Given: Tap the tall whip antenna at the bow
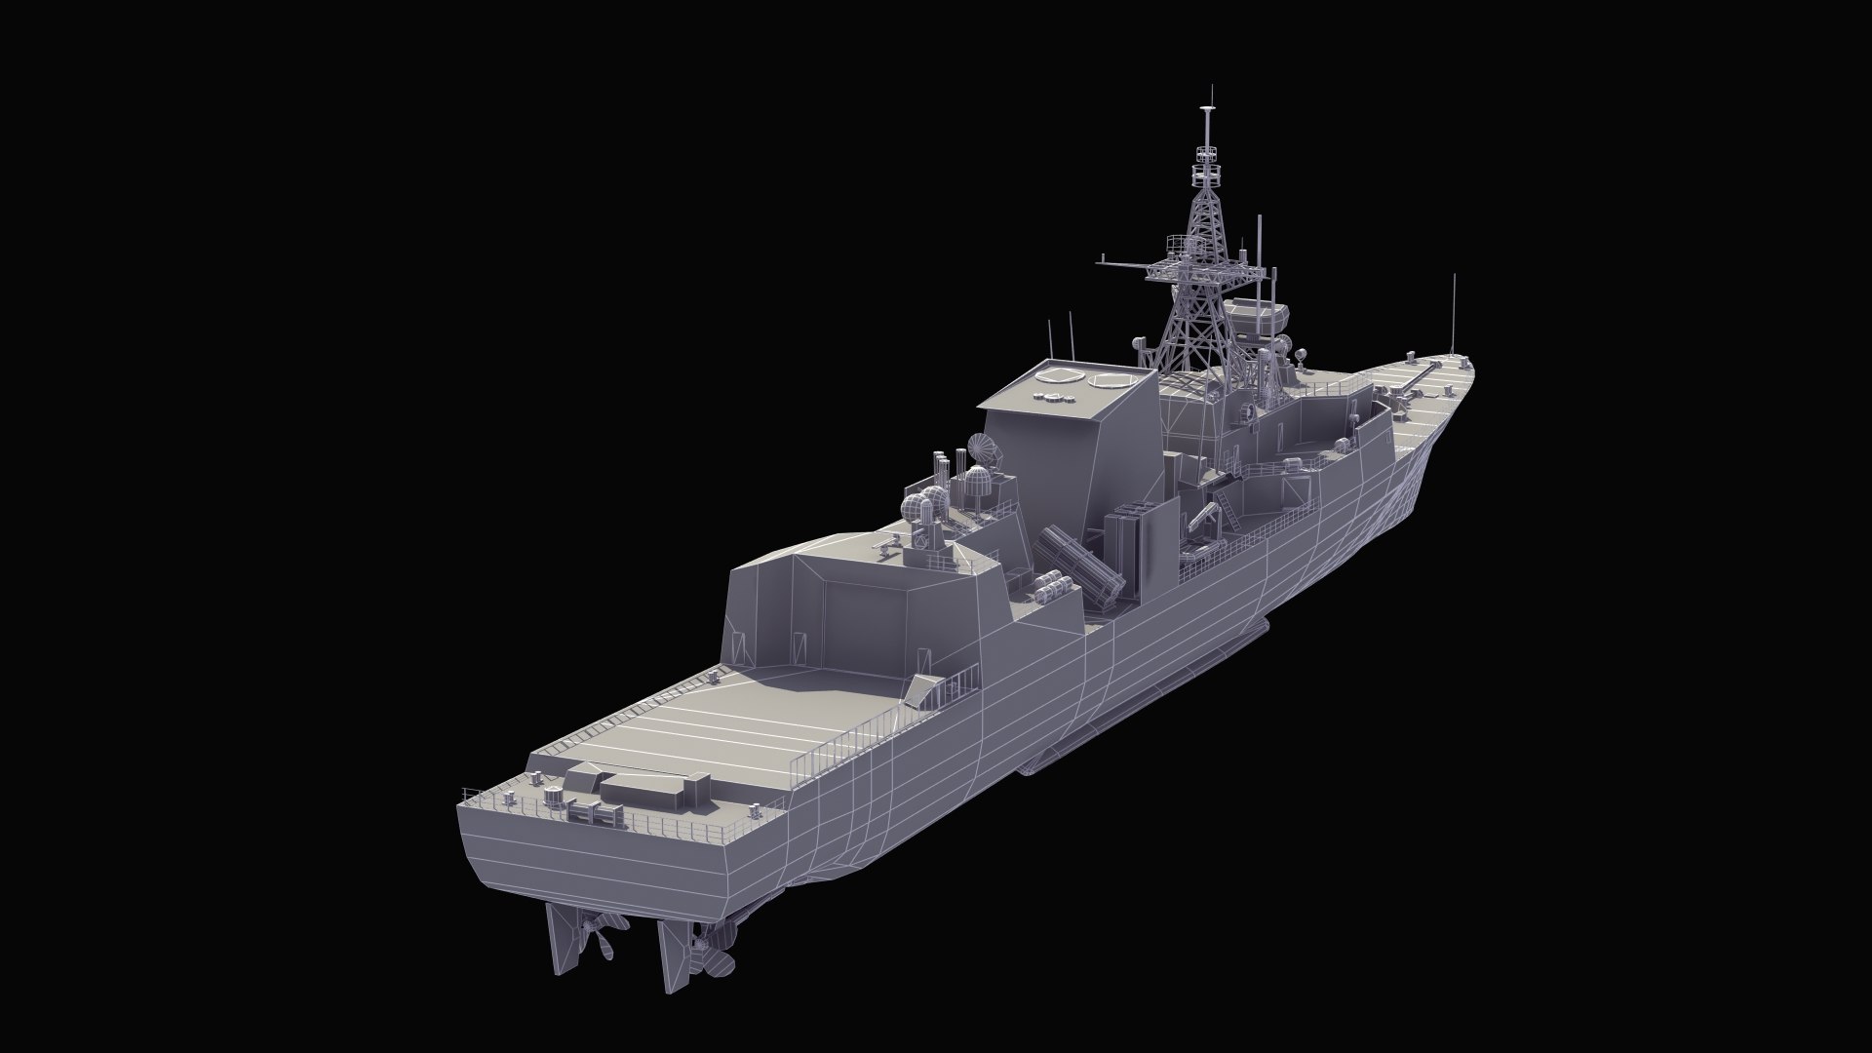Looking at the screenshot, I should point(1455,312).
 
